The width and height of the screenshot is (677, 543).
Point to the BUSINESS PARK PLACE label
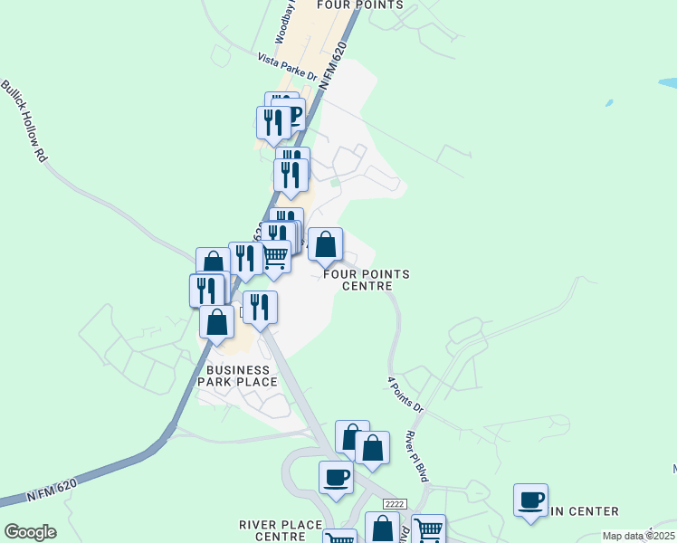pos(238,376)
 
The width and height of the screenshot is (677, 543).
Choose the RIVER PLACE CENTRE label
pos(281,530)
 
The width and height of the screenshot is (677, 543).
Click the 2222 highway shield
pos(394,504)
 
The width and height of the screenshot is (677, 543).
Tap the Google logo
pos(30,532)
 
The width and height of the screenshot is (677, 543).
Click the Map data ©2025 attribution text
pos(638,536)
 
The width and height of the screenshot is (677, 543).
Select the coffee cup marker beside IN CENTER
pos(530,499)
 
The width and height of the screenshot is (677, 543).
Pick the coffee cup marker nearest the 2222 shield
pos(336,477)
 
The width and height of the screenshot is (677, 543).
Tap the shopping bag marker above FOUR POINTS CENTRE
pos(326,244)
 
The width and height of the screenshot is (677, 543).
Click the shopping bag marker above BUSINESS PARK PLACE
pos(217,321)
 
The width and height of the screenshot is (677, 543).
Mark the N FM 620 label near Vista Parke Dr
pos(333,68)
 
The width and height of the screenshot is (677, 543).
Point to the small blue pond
pos(608,102)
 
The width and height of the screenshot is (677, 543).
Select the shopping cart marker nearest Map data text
pos(428,529)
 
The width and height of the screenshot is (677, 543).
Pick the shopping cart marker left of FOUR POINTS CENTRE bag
pos(274,257)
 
